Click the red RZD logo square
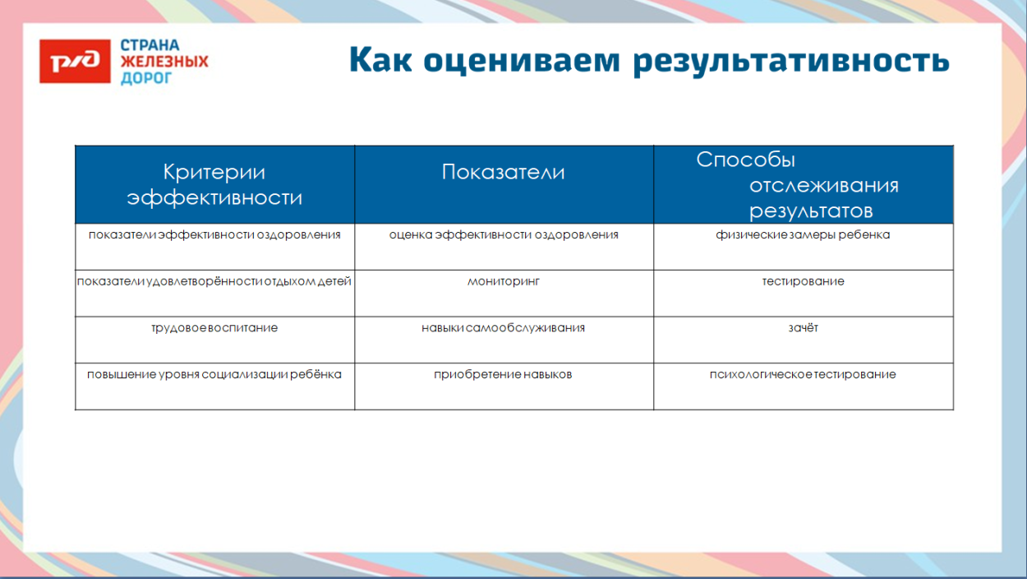point(75,62)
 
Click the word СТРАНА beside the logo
point(150,46)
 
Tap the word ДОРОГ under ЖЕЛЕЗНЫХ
point(146,78)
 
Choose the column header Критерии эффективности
point(214,184)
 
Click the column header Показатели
point(503,172)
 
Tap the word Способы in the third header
point(746,160)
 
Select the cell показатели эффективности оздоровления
point(214,234)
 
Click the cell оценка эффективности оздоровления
point(503,234)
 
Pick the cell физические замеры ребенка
point(803,234)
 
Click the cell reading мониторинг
point(503,281)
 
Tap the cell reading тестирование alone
point(803,281)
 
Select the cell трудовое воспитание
point(214,327)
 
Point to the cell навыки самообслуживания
point(503,327)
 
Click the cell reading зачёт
point(803,327)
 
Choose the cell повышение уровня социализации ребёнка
point(214,374)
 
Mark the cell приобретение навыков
point(503,374)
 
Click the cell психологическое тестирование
point(803,374)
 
